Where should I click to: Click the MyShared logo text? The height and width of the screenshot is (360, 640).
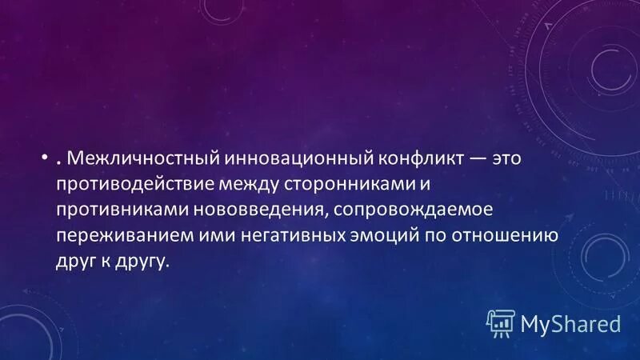[570, 323]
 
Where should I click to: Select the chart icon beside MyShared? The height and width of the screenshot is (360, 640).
[501, 322]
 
